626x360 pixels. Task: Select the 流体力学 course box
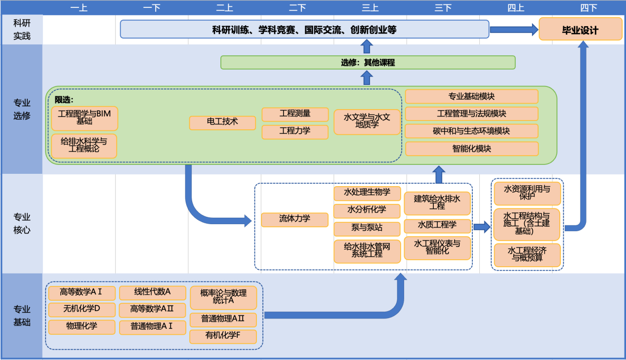[294, 219]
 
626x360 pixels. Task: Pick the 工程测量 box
[295, 114]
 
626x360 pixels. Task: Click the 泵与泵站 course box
[367, 229]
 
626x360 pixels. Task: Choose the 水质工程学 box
[437, 226]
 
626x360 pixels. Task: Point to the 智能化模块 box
[471, 149]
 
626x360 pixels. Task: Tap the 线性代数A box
[152, 292]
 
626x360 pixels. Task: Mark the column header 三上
[370, 7]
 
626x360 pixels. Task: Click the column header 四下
[588, 7]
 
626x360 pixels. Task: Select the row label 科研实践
[22, 30]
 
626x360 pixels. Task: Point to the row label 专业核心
[22, 223]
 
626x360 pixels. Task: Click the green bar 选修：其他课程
[368, 63]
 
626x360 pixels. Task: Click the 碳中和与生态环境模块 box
[471, 131]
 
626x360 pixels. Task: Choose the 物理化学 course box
[82, 326]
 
